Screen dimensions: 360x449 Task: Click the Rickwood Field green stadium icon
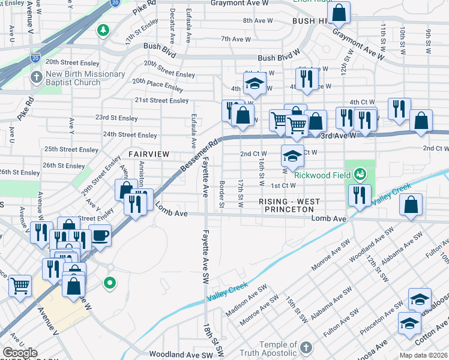(x=360, y=175)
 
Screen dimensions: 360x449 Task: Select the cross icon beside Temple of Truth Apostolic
(x=306, y=348)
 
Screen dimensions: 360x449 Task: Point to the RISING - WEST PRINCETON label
(x=290, y=206)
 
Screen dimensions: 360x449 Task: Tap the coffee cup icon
(x=100, y=235)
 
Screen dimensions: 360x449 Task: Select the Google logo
(x=20, y=353)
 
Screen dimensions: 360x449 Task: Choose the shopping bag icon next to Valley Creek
(x=410, y=205)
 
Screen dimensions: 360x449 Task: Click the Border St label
(x=222, y=194)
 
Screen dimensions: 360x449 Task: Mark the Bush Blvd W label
(x=279, y=58)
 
